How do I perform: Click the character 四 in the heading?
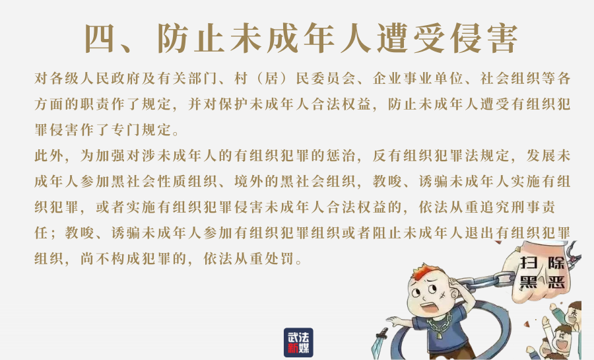pos(99,39)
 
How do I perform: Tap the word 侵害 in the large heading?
pos(486,39)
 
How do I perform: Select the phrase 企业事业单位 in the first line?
pos(418,79)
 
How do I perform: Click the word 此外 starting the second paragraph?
pos(49,156)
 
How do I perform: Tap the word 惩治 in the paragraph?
pos(341,156)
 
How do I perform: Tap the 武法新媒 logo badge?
pos(298,343)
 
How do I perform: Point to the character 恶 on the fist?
pos(556,282)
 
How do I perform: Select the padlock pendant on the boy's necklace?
pos(439,334)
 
